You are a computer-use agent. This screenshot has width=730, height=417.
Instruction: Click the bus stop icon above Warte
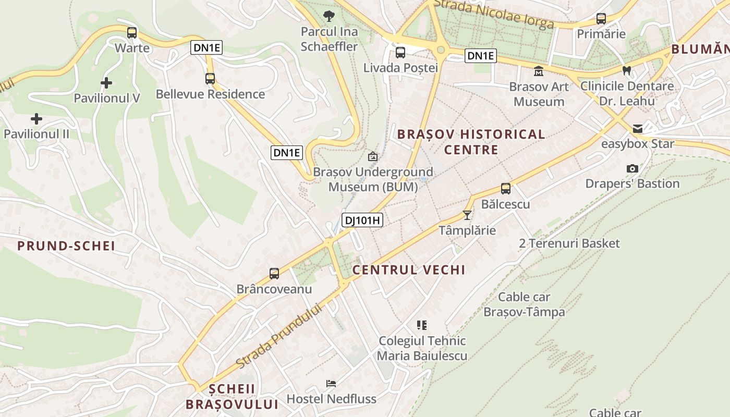tap(132, 33)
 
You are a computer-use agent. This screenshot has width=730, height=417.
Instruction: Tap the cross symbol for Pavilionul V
tap(106, 83)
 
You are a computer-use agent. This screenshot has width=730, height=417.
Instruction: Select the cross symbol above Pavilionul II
tap(36, 119)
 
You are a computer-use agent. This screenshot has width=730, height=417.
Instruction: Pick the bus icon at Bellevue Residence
tap(210, 79)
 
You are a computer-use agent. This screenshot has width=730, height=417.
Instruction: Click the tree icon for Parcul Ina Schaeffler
tap(329, 16)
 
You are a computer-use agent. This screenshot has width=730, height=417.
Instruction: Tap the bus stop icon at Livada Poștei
tap(400, 52)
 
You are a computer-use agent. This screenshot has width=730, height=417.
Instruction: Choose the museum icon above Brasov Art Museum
tap(539, 71)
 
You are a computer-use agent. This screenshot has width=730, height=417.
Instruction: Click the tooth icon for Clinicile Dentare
tap(627, 71)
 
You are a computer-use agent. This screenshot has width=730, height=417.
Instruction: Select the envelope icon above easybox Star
tap(638, 129)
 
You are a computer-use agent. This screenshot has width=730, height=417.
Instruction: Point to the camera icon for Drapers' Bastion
tap(632, 168)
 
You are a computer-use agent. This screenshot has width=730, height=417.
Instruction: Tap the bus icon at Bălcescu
tap(505, 189)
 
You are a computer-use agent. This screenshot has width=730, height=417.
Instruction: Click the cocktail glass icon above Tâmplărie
tap(467, 215)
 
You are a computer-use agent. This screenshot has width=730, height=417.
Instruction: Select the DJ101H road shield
tap(362, 220)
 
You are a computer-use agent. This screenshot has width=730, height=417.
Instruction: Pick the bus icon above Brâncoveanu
tap(274, 273)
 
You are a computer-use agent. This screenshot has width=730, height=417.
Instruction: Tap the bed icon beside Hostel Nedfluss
tap(331, 384)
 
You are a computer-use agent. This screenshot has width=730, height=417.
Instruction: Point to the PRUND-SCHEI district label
tap(66, 246)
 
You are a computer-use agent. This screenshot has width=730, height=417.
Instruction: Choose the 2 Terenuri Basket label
tap(569, 243)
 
